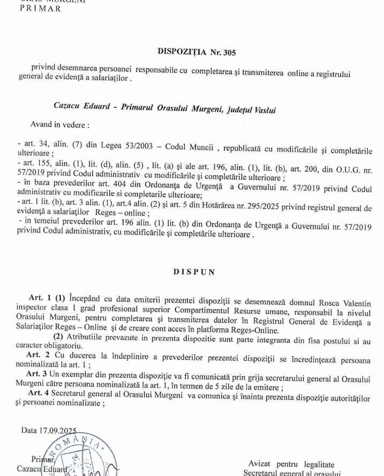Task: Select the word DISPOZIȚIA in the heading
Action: pos(182,52)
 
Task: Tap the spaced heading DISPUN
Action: pos(194,272)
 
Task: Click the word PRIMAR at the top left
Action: pos(41,9)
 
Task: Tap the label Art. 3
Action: pos(36,373)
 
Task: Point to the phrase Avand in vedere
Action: pos(59,125)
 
